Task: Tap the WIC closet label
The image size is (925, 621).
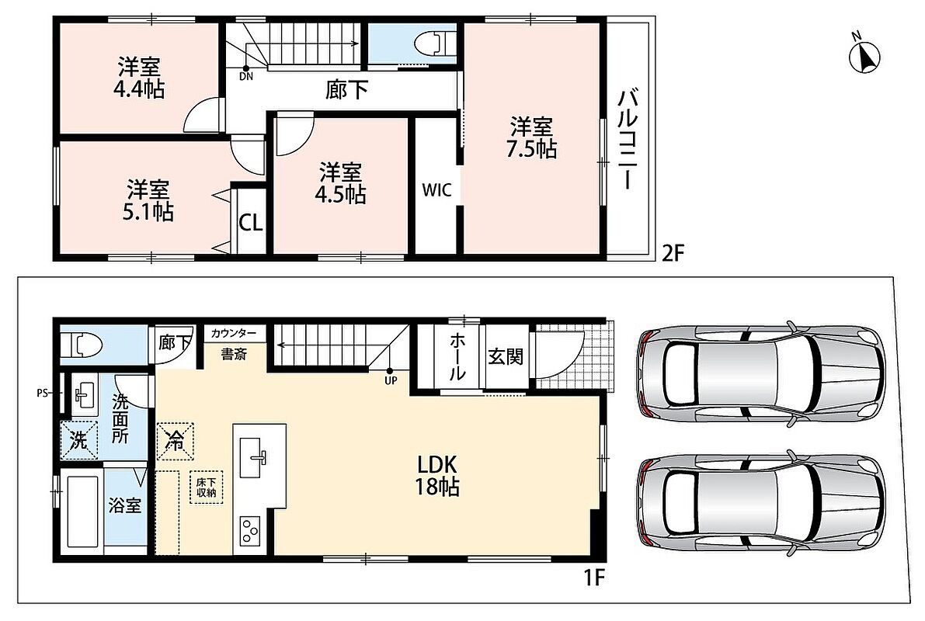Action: point(436,190)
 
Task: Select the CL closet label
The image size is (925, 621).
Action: point(251,224)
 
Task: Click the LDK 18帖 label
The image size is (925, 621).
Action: point(438,475)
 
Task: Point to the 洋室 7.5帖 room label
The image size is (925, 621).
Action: point(531,138)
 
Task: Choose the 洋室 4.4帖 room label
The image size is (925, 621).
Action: point(139,78)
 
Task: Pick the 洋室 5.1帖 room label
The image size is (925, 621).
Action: point(148,200)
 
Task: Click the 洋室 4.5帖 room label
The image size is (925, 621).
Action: point(340,183)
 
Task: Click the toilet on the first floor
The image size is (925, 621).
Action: point(82,343)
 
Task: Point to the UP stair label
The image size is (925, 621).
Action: point(391,380)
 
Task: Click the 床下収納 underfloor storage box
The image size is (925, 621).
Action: point(207,487)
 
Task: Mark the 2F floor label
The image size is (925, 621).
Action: point(673,254)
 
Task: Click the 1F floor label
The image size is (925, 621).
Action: point(595,577)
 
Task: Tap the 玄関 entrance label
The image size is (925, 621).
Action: point(506,357)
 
